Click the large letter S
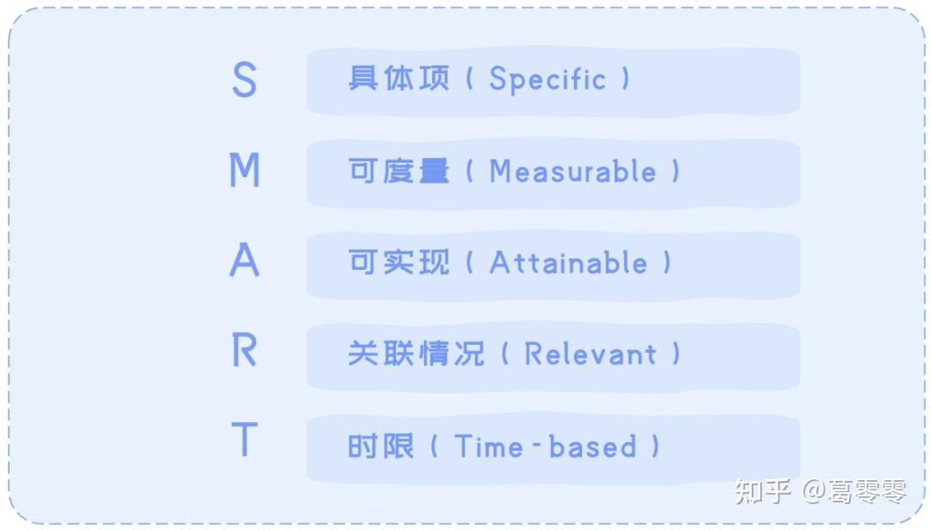coord(244,79)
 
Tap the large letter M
coord(245,170)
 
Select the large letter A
coord(245,260)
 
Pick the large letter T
coord(245,440)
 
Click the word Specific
coord(547,79)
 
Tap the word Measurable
coord(572,171)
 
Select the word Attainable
coord(568,262)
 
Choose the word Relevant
coord(590,353)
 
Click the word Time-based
coord(545,446)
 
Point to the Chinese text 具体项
coord(398,78)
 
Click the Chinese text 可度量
coord(398,171)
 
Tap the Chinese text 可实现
coord(398,262)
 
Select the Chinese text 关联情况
coord(416,353)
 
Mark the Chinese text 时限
coord(381,446)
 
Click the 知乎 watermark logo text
coord(763,491)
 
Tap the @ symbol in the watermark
coord(814,491)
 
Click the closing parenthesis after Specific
coord(625,79)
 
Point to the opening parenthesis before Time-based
coord(434,446)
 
